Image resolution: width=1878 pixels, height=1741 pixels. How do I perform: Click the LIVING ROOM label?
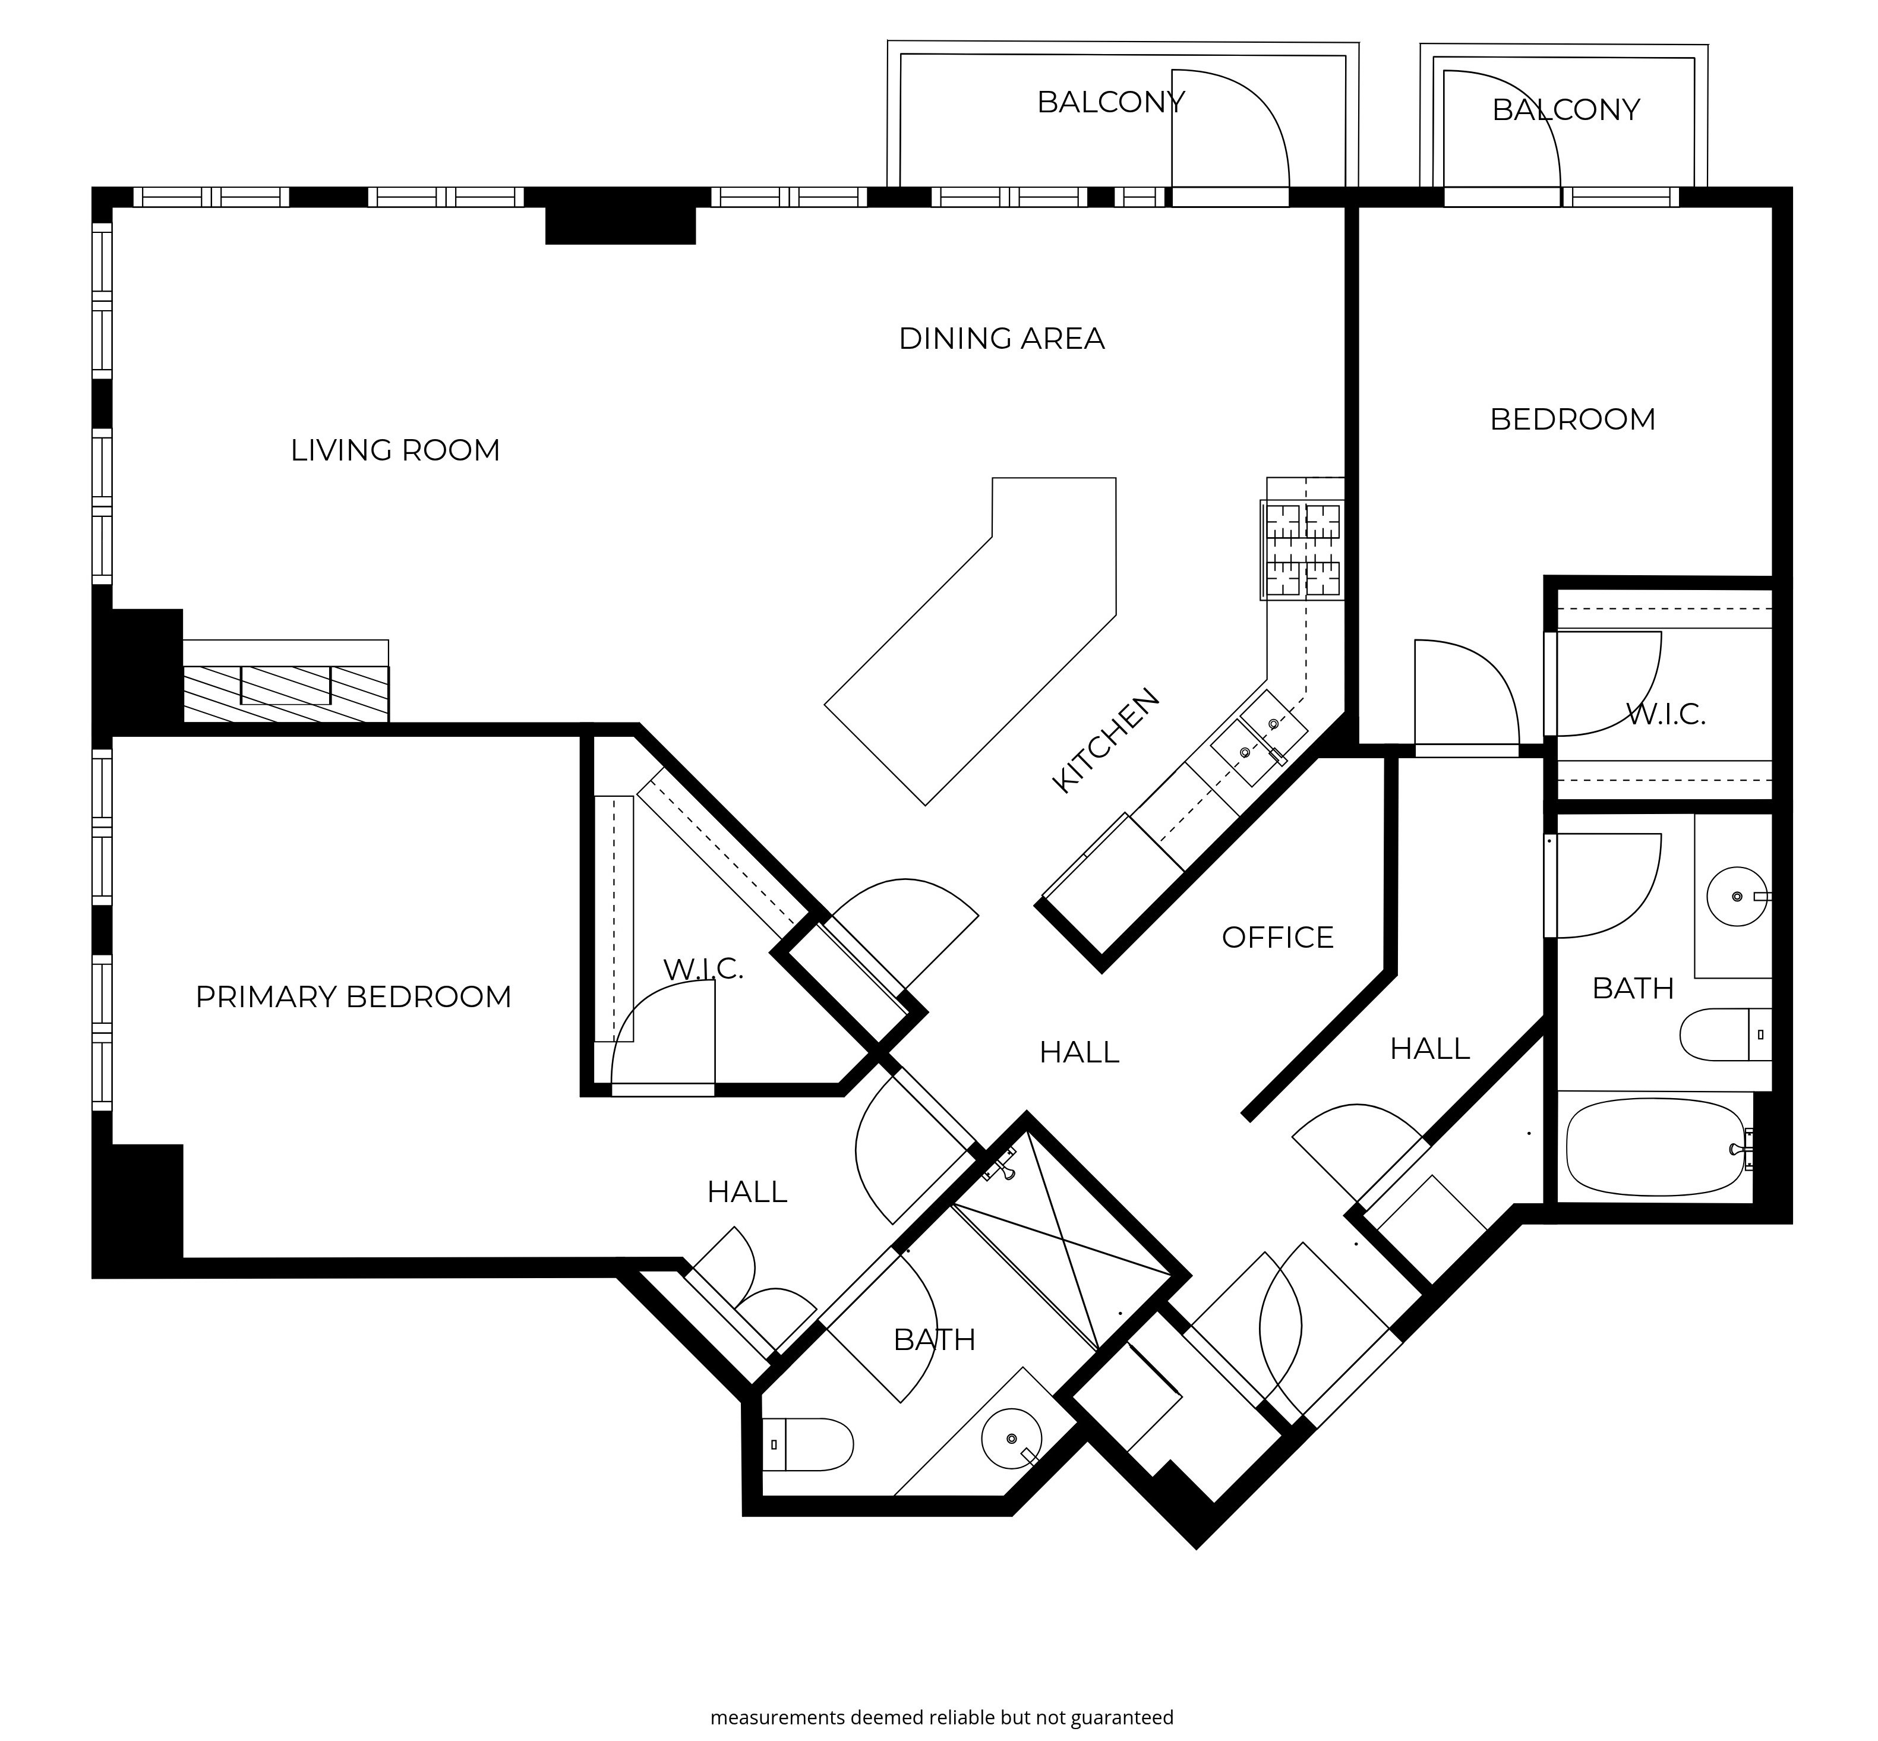(394, 450)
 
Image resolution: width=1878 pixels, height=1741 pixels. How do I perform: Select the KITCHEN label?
(1106, 740)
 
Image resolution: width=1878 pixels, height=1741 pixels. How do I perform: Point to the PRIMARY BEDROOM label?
(353, 996)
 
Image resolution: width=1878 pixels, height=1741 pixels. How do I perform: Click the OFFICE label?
(1277, 938)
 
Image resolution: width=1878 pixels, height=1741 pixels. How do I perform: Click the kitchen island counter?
(971, 641)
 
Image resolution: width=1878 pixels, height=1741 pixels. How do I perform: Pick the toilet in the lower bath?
(808, 1444)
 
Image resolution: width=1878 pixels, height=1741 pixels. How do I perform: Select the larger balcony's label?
(1110, 102)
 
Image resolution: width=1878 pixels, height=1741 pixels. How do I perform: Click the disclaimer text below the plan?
(942, 1717)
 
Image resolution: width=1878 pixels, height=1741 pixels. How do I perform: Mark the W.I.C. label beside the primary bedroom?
(703, 969)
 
